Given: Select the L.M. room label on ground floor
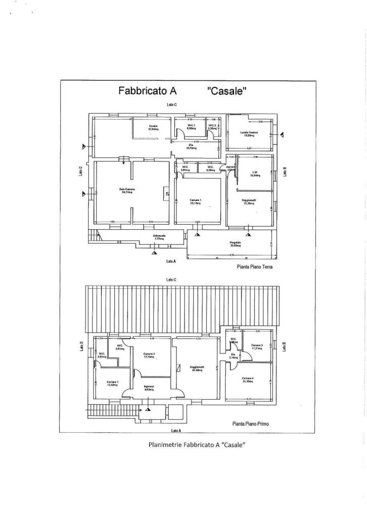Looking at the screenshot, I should pos(255,174).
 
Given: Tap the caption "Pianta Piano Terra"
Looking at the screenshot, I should pos(254,267).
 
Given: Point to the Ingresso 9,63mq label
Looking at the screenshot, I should pos(149,388).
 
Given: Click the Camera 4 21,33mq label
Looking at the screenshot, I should pos(248,380).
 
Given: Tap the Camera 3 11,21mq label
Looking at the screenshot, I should pos(257,347).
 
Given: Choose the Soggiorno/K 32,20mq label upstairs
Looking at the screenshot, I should pos(197,369).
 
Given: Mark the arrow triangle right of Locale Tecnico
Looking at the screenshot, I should pos(282,134).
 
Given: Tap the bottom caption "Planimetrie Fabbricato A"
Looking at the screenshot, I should pos(197,445).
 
